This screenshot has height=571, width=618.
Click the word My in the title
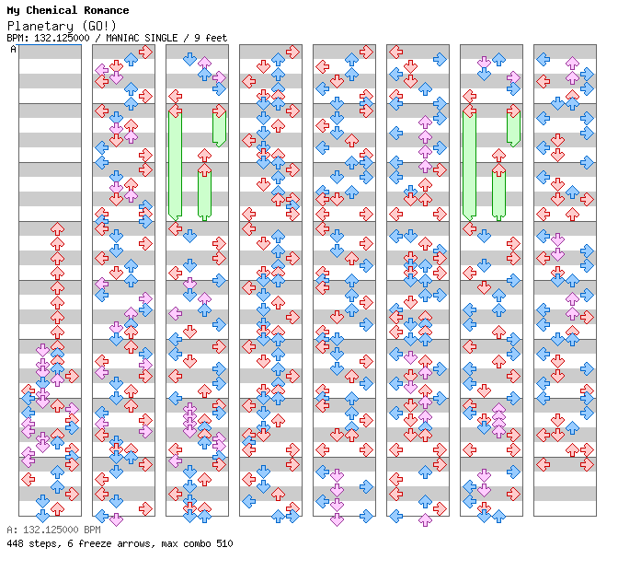(14, 10)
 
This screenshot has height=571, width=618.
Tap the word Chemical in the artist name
(52, 10)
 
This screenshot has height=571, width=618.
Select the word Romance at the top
(106, 10)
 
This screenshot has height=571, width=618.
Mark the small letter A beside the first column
(14, 49)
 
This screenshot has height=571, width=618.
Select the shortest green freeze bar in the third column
(219, 126)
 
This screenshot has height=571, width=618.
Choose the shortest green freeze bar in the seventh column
(513, 126)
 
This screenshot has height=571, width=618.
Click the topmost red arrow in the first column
(57, 227)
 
